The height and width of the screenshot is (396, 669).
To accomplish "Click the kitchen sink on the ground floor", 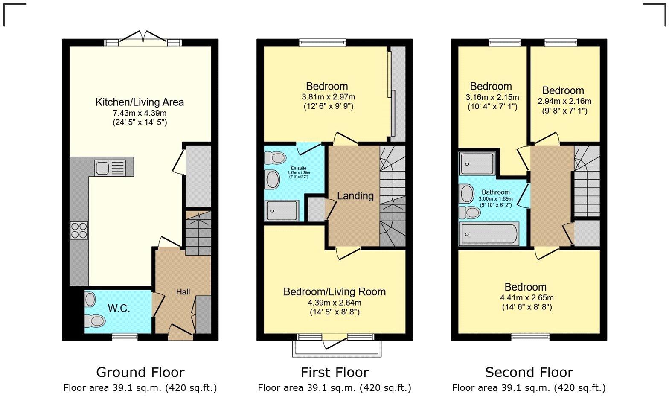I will [x=110, y=167].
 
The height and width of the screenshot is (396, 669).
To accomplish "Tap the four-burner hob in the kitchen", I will [x=79, y=231].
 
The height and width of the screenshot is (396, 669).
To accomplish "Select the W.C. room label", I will [x=119, y=308].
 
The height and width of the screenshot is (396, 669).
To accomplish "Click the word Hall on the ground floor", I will [x=183, y=292].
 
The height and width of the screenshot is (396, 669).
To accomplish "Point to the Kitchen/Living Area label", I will [x=140, y=102].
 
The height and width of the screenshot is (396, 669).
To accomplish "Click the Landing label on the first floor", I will [x=355, y=196].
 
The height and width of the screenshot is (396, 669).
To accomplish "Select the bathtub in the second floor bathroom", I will [x=489, y=234].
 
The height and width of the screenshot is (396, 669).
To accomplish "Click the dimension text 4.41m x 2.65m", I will [x=525, y=297].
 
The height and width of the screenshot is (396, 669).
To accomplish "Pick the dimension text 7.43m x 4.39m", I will [x=140, y=113].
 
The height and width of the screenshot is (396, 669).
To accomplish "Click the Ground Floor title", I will [x=140, y=372].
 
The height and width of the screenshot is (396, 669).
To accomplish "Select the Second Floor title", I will [x=529, y=372].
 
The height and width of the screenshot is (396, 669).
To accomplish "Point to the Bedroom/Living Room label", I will [x=334, y=292].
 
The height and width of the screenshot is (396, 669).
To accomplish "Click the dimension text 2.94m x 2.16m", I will [x=564, y=101].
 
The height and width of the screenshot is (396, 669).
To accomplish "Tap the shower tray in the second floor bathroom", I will [x=477, y=164].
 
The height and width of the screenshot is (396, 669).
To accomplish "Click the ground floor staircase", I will [x=198, y=234].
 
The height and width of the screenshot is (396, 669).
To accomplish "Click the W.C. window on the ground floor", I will [x=125, y=337].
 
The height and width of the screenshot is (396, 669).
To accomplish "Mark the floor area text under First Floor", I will [x=334, y=388].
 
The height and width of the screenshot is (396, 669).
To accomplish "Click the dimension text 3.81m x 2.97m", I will [x=328, y=97].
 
